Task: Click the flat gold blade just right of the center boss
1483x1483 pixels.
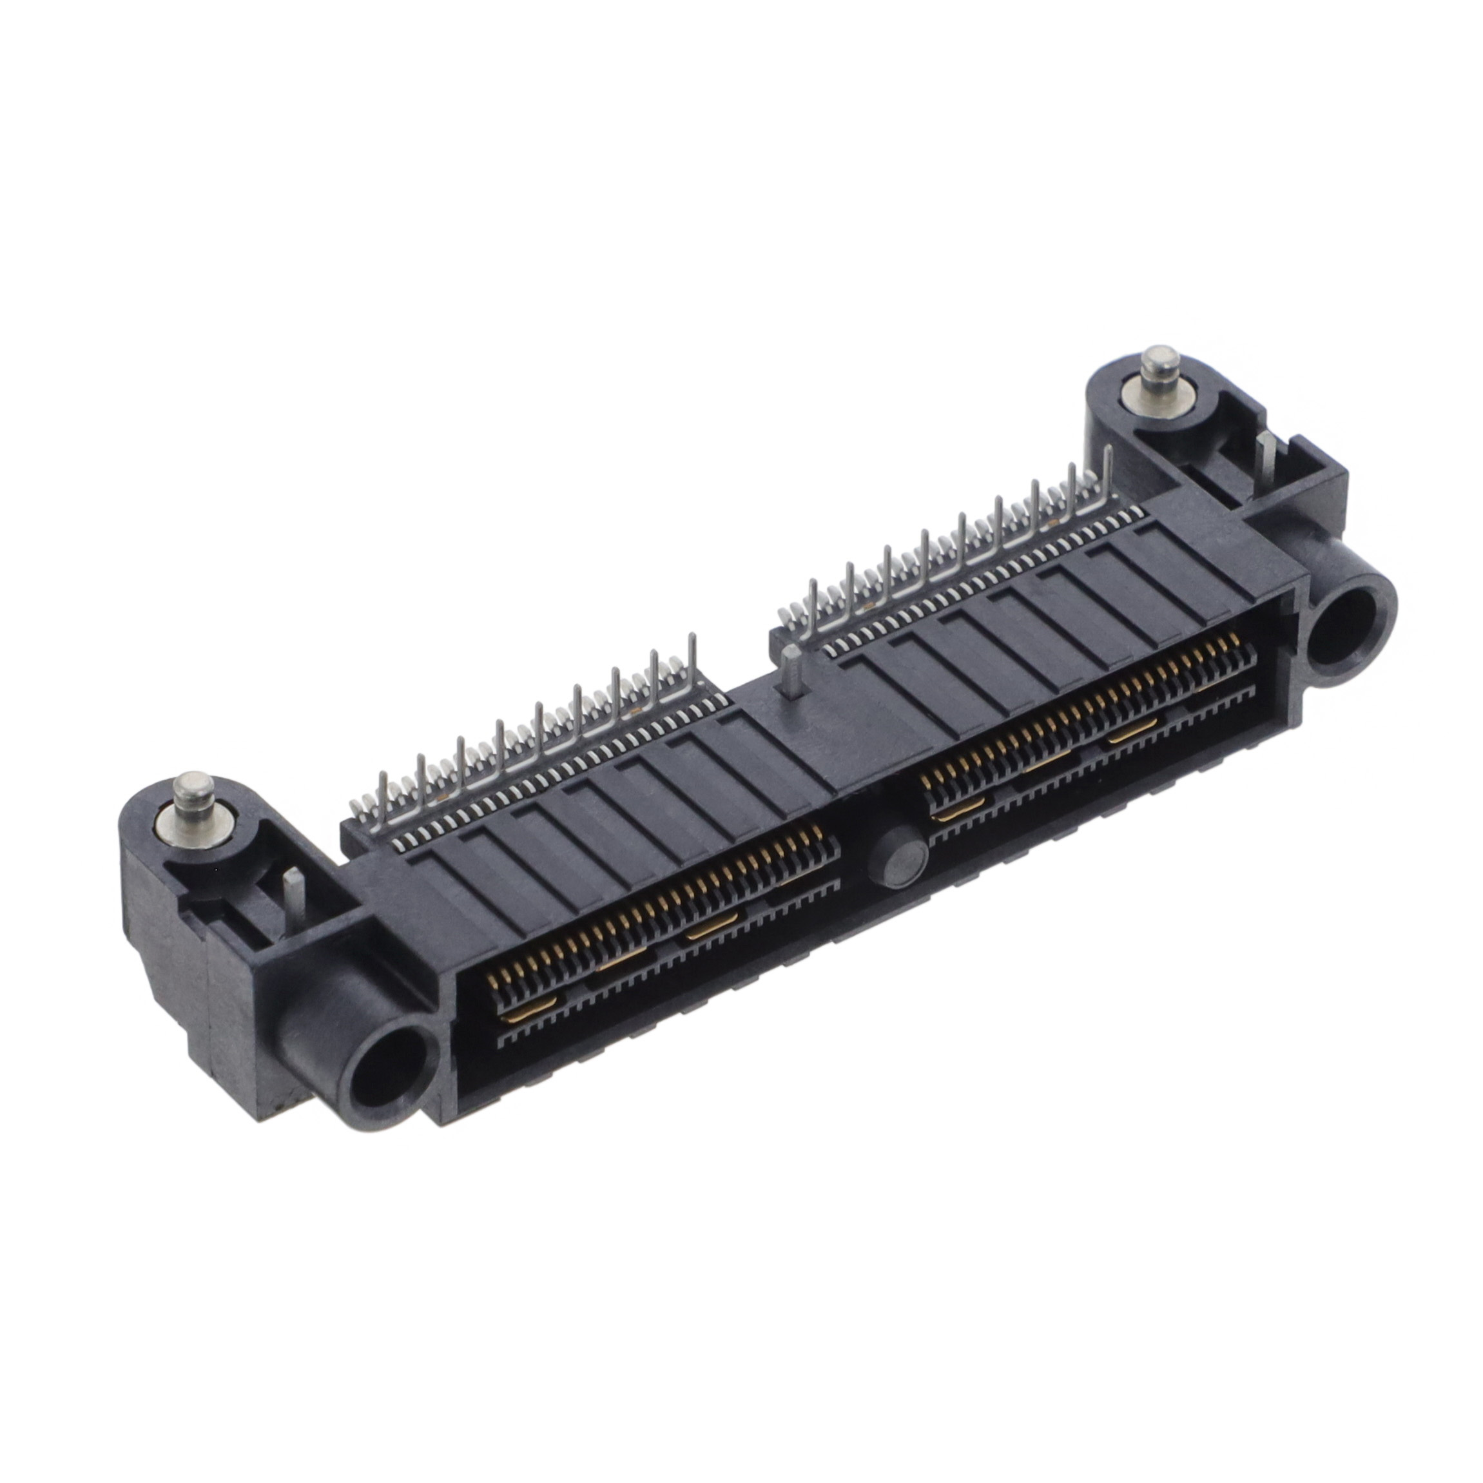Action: (x=958, y=811)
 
